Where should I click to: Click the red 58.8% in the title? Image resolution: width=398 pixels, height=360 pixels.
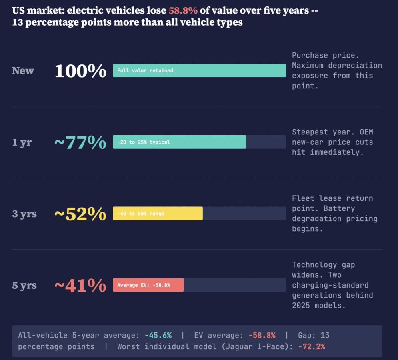[x=183, y=11]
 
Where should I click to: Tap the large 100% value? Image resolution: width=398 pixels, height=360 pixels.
[x=80, y=71]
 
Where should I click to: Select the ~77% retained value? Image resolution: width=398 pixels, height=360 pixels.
[x=80, y=142]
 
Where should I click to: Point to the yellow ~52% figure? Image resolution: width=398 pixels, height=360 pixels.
[x=80, y=214]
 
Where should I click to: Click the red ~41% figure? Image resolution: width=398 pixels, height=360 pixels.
[x=80, y=286]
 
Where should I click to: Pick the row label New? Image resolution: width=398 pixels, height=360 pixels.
[x=23, y=70]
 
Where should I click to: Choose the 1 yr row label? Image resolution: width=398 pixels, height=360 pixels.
[x=22, y=142]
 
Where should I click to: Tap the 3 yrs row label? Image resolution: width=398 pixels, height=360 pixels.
[x=24, y=214]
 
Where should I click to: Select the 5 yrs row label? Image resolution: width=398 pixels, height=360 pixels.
[x=24, y=285]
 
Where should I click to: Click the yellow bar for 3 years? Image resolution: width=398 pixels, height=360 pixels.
[x=158, y=214]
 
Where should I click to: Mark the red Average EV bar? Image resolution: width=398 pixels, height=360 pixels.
[x=148, y=285]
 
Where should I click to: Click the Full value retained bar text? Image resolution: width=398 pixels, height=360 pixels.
[x=145, y=70]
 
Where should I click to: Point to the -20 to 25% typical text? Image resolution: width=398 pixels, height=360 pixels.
[x=144, y=142]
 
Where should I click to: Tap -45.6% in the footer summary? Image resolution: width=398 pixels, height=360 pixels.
[x=158, y=335]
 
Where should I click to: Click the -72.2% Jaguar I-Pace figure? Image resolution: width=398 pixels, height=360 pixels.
[x=312, y=346]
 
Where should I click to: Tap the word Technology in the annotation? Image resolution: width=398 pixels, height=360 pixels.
[x=314, y=265]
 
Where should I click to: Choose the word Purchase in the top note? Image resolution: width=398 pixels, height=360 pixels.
[x=310, y=55]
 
